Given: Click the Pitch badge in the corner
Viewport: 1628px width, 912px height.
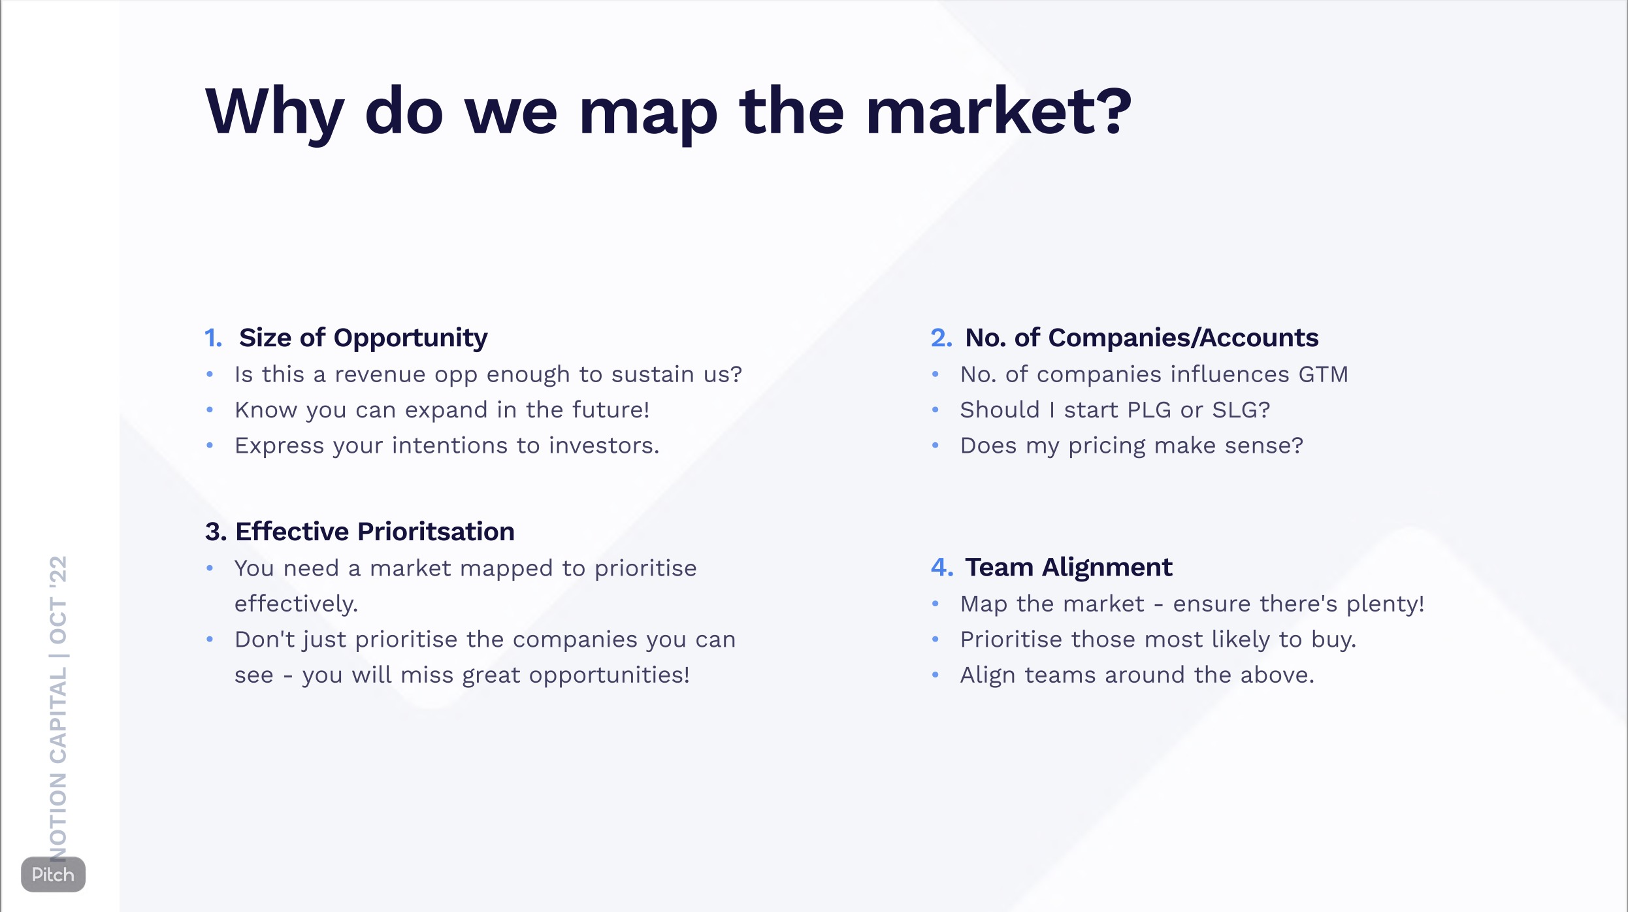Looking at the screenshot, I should pyautogui.click(x=53, y=874).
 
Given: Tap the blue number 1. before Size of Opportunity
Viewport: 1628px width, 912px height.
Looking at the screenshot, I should pyautogui.click(x=213, y=338).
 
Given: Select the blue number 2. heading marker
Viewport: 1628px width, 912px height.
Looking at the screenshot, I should pyautogui.click(x=941, y=338).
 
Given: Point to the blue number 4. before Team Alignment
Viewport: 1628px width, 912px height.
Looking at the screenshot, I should pyautogui.click(x=941, y=567).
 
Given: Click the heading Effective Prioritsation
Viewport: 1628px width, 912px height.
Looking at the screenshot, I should pyautogui.click(x=374, y=531).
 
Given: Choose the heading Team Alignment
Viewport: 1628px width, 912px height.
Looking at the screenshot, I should pyautogui.click(x=1068, y=567).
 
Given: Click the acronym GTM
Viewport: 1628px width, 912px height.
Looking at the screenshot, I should pyautogui.click(x=1323, y=374).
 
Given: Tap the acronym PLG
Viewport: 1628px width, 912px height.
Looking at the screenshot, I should pyautogui.click(x=1149, y=410).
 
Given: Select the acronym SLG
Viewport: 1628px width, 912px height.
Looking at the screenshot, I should pyautogui.click(x=1240, y=410).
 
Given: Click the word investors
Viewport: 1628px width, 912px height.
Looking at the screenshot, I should pyautogui.click(x=604, y=446).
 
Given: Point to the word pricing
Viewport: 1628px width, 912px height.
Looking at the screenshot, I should pyautogui.click(x=1107, y=446).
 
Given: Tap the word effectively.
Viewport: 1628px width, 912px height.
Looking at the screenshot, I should pyautogui.click(x=296, y=604).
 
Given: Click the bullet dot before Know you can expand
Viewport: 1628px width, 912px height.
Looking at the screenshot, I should pyautogui.click(x=210, y=410).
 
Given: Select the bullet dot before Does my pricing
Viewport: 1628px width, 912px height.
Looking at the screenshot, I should pyautogui.click(x=936, y=446).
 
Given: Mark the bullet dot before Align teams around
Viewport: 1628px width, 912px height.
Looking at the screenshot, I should pyautogui.click(x=936, y=675).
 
